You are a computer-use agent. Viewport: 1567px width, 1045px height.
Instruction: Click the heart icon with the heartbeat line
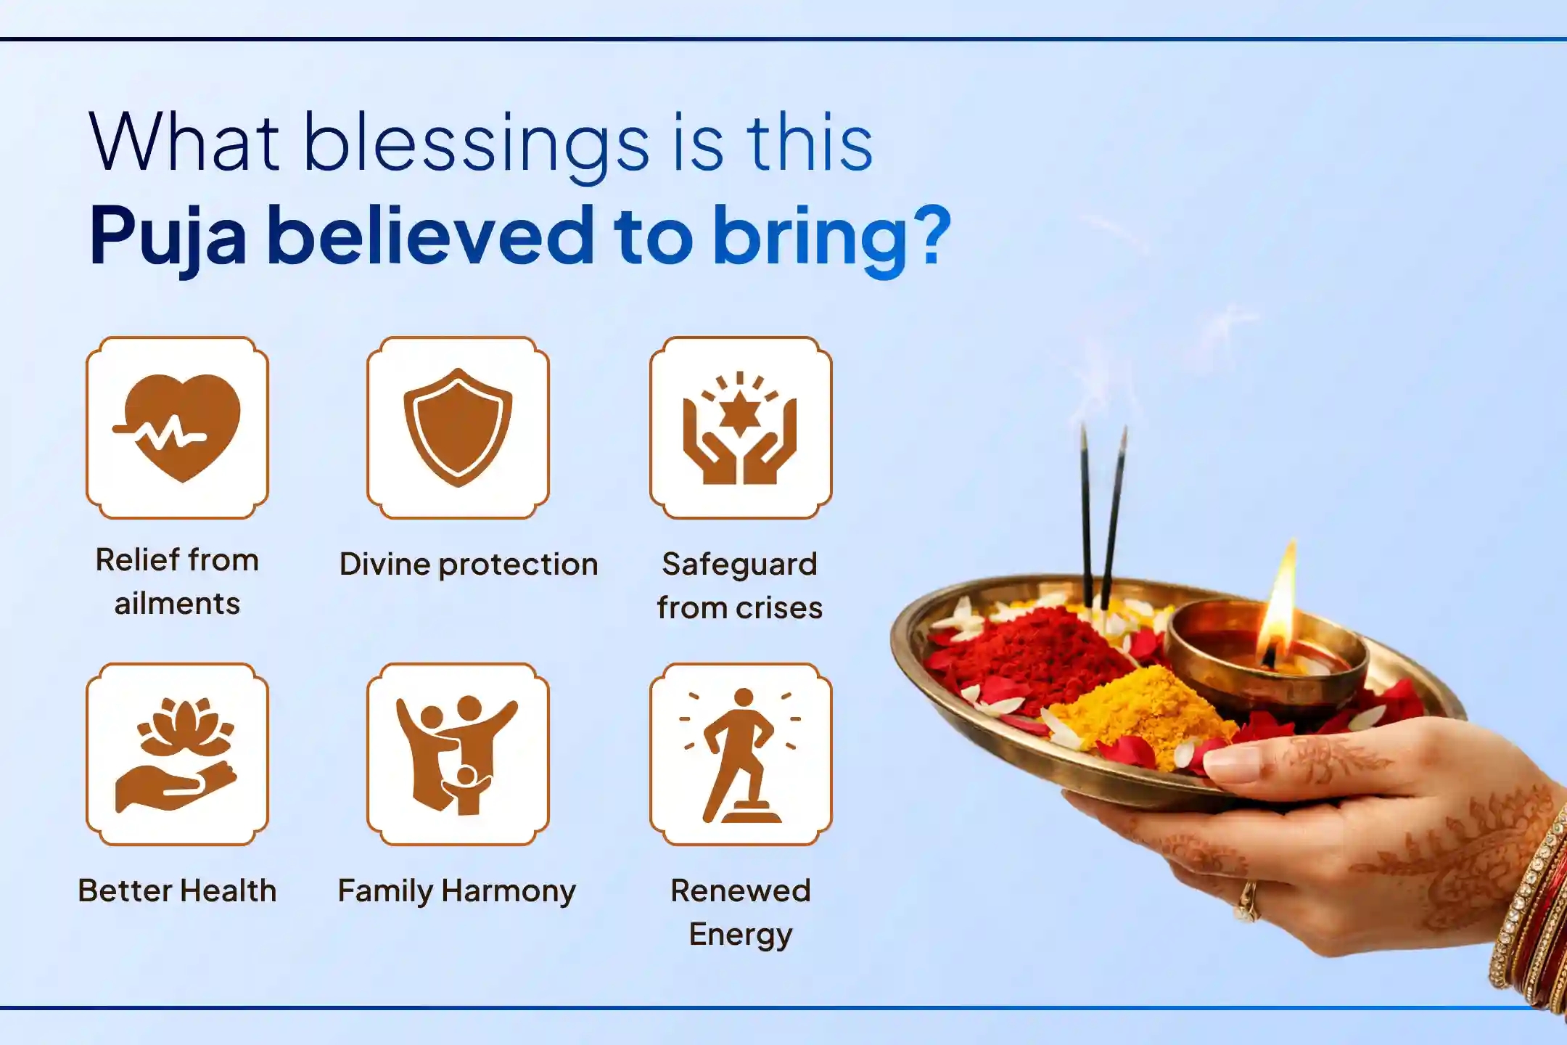point(178,427)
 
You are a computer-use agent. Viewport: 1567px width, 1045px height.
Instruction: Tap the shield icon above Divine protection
point(458,427)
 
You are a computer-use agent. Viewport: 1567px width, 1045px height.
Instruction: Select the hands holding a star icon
point(740,428)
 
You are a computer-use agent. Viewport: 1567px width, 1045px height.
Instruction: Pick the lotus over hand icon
point(178,755)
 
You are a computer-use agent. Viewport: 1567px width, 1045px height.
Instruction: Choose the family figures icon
point(458,755)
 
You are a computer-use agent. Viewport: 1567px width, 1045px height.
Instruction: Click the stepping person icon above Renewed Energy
point(740,755)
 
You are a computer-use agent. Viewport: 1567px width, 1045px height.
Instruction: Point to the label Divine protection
point(469,565)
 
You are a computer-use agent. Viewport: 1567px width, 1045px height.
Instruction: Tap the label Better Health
point(178,891)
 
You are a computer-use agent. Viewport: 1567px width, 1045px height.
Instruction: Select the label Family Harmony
point(457,891)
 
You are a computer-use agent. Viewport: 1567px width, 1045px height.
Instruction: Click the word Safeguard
point(739,565)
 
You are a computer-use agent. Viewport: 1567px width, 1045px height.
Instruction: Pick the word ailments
point(178,604)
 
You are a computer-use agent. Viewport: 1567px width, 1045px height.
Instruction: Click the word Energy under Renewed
point(740,935)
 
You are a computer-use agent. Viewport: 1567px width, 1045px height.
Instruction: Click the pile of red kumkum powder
point(1030,653)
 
